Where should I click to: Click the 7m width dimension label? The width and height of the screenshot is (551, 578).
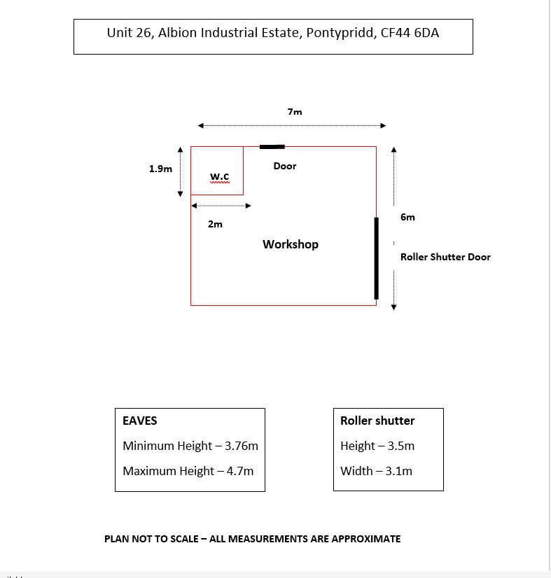coord(295,112)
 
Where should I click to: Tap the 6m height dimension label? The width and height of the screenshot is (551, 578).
coord(407,217)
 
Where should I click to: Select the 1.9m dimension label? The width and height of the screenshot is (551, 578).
coord(160,169)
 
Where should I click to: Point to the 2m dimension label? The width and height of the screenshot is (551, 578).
coord(215,225)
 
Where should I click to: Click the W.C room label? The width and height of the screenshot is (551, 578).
coord(219,175)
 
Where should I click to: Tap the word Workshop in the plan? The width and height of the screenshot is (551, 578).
coord(291,244)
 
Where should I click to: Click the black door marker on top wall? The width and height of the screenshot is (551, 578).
coord(272,147)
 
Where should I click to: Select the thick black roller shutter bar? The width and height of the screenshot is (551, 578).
coord(376,258)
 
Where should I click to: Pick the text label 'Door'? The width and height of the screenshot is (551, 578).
coord(285,166)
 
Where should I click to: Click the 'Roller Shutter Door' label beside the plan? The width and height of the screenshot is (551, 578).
coord(445,257)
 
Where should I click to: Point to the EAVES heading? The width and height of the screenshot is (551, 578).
coord(140,421)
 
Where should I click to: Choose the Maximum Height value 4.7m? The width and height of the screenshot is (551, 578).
coord(239,471)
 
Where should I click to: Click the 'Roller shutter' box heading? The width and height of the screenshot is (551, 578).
coord(377,421)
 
